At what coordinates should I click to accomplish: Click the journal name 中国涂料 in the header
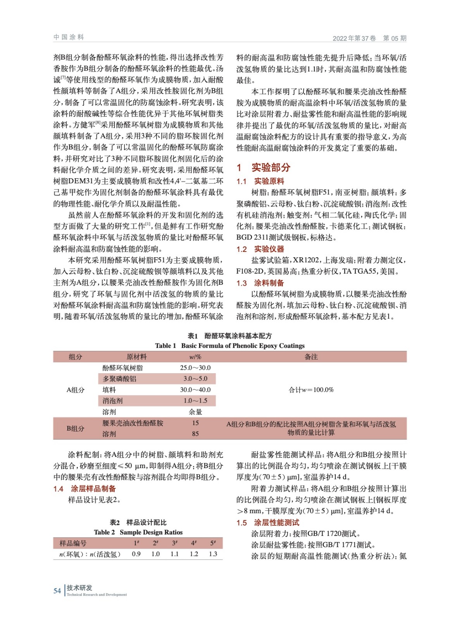(x=69, y=37)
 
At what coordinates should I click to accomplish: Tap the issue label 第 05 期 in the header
(x=395, y=38)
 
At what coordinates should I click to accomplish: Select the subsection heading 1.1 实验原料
(x=260, y=181)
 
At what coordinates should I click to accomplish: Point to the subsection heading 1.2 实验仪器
(x=260, y=249)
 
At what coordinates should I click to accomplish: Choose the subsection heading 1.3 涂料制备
(x=260, y=283)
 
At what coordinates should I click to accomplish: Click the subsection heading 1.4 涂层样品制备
(x=84, y=489)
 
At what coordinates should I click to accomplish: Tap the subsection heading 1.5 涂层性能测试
(x=268, y=523)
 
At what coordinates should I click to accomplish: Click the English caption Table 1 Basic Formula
(x=230, y=346)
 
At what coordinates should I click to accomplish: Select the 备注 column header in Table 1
(x=311, y=357)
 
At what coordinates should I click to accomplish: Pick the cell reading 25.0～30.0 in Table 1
(x=195, y=368)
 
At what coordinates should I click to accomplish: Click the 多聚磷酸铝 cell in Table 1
(x=119, y=379)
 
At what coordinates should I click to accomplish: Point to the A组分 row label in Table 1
(x=75, y=390)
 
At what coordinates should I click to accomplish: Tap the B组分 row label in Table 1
(x=75, y=429)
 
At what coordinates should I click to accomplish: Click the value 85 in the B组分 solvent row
(x=195, y=434)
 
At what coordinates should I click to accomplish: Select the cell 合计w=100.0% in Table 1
(x=311, y=390)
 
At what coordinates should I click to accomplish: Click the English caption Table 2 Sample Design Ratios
(x=138, y=532)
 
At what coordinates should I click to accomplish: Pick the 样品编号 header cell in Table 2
(x=73, y=543)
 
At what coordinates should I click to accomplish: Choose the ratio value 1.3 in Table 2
(x=213, y=554)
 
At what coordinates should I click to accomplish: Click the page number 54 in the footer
(x=57, y=591)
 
